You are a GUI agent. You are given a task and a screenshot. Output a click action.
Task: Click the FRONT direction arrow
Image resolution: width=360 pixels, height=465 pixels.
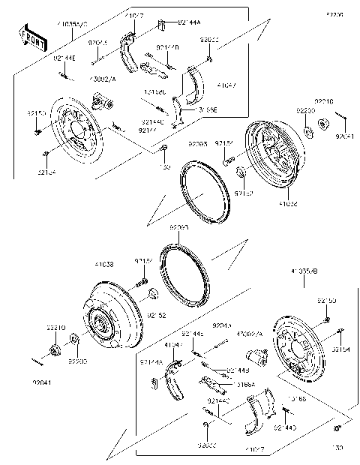pyautogui.click(x=29, y=38)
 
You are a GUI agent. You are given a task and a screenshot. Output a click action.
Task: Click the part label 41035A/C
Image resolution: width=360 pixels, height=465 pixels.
pyautogui.click(x=71, y=24)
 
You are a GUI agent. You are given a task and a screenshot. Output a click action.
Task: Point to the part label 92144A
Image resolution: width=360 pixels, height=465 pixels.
pyautogui.click(x=188, y=23)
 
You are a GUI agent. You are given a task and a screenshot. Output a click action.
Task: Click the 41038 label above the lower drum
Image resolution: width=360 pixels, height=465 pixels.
pyautogui.click(x=104, y=265)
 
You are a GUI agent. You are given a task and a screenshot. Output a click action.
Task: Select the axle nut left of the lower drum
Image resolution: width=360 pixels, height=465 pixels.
pyautogui.click(x=55, y=349)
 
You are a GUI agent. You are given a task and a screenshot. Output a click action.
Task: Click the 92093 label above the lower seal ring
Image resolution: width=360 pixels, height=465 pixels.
pyautogui.click(x=177, y=226)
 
